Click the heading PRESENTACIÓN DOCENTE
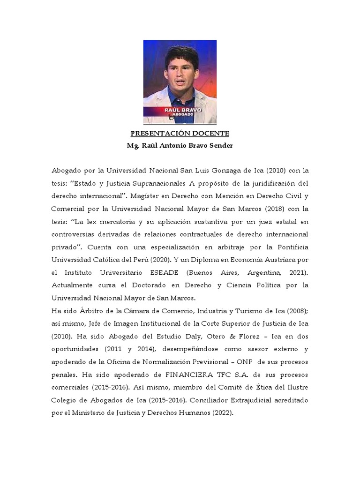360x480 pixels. point(180,133)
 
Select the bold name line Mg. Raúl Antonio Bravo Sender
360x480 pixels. point(180,145)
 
